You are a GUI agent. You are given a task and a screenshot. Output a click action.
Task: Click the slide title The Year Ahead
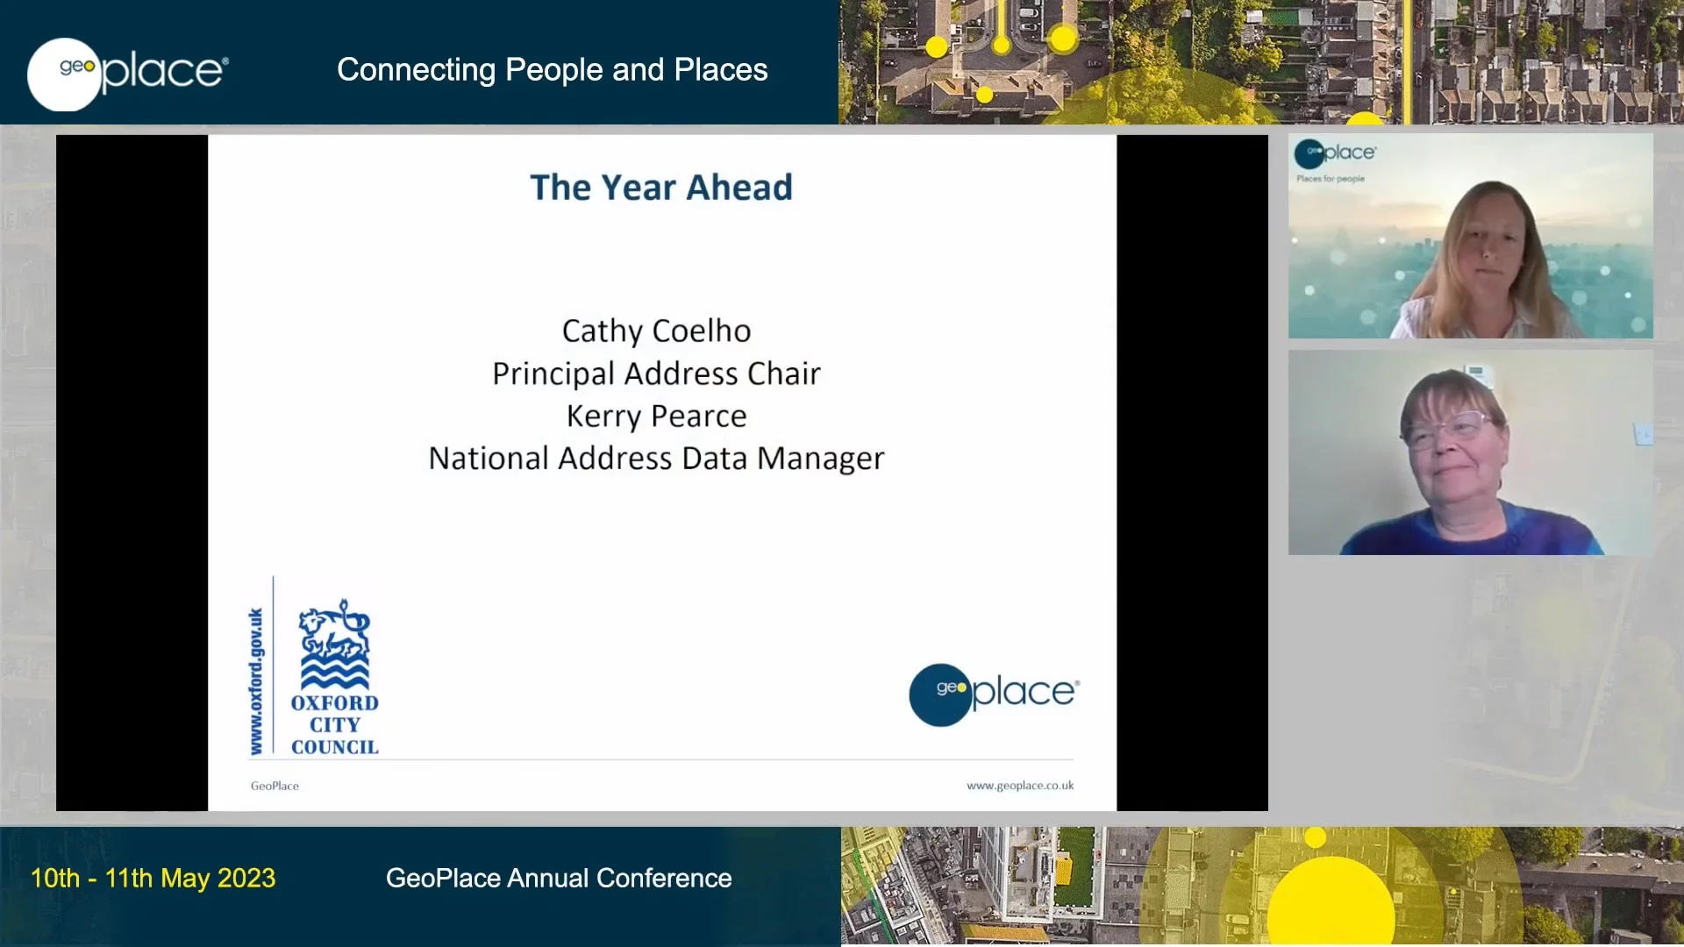661,188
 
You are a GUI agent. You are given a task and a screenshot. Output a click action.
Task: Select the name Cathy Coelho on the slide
656,331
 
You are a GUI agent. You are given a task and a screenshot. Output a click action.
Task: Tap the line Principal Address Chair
656,374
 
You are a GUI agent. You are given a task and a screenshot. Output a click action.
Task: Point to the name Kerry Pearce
656,416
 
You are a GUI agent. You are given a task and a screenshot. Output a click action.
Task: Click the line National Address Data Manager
656,459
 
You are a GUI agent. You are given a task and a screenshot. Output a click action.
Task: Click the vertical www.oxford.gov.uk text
256,681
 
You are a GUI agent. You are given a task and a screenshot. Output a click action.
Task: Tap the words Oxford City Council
334,725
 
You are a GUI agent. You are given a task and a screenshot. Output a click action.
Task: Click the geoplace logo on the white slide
994,694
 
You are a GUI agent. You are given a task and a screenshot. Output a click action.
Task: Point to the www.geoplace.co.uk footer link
1020,786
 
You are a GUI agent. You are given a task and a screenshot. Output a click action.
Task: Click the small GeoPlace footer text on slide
275,786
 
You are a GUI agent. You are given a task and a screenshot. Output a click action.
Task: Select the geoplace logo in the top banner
128,73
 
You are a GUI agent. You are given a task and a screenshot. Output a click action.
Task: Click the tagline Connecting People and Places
552,70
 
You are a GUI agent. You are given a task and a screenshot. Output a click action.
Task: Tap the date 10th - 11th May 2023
153,878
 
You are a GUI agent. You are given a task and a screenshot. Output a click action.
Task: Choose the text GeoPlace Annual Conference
559,878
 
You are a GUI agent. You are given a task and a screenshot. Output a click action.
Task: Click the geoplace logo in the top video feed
1335,153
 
